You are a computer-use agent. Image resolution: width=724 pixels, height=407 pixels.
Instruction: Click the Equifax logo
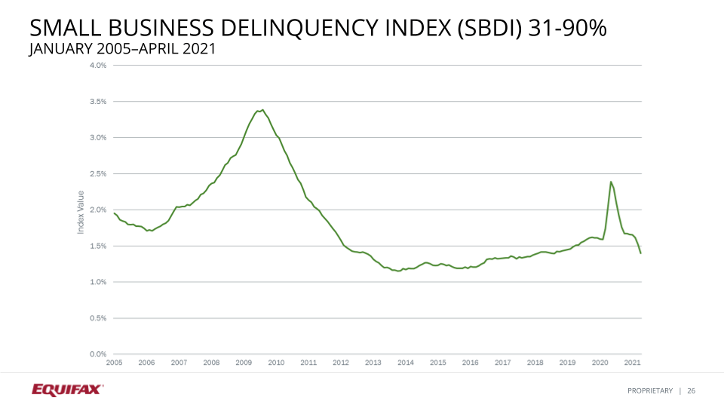coord(67,390)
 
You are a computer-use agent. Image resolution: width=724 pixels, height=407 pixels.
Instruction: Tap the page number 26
coord(691,390)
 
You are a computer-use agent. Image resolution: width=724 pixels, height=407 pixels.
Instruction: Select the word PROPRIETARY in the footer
coord(650,390)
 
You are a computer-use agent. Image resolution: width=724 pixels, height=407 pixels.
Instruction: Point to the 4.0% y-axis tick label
coord(97,66)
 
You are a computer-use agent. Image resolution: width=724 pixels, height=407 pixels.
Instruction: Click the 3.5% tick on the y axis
coord(97,102)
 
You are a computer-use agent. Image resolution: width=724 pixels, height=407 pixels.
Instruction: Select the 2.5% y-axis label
coord(97,174)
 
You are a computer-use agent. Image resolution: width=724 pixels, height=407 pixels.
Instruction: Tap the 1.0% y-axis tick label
coord(97,282)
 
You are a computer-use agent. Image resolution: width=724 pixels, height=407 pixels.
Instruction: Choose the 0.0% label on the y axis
coord(97,354)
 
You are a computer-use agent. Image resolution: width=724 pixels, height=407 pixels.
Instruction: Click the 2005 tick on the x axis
coord(114,363)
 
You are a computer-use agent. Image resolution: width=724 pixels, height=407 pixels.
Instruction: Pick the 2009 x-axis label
coord(244,363)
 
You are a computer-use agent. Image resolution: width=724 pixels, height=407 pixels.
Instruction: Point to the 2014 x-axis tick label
coord(406,363)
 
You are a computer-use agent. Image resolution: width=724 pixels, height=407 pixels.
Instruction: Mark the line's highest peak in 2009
coord(262,110)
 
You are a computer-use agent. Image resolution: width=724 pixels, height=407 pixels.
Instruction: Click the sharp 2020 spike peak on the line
coord(610,182)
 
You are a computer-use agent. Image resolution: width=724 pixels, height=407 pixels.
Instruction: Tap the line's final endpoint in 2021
coord(641,253)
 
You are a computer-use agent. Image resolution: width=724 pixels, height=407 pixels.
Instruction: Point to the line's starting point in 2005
coord(114,213)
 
